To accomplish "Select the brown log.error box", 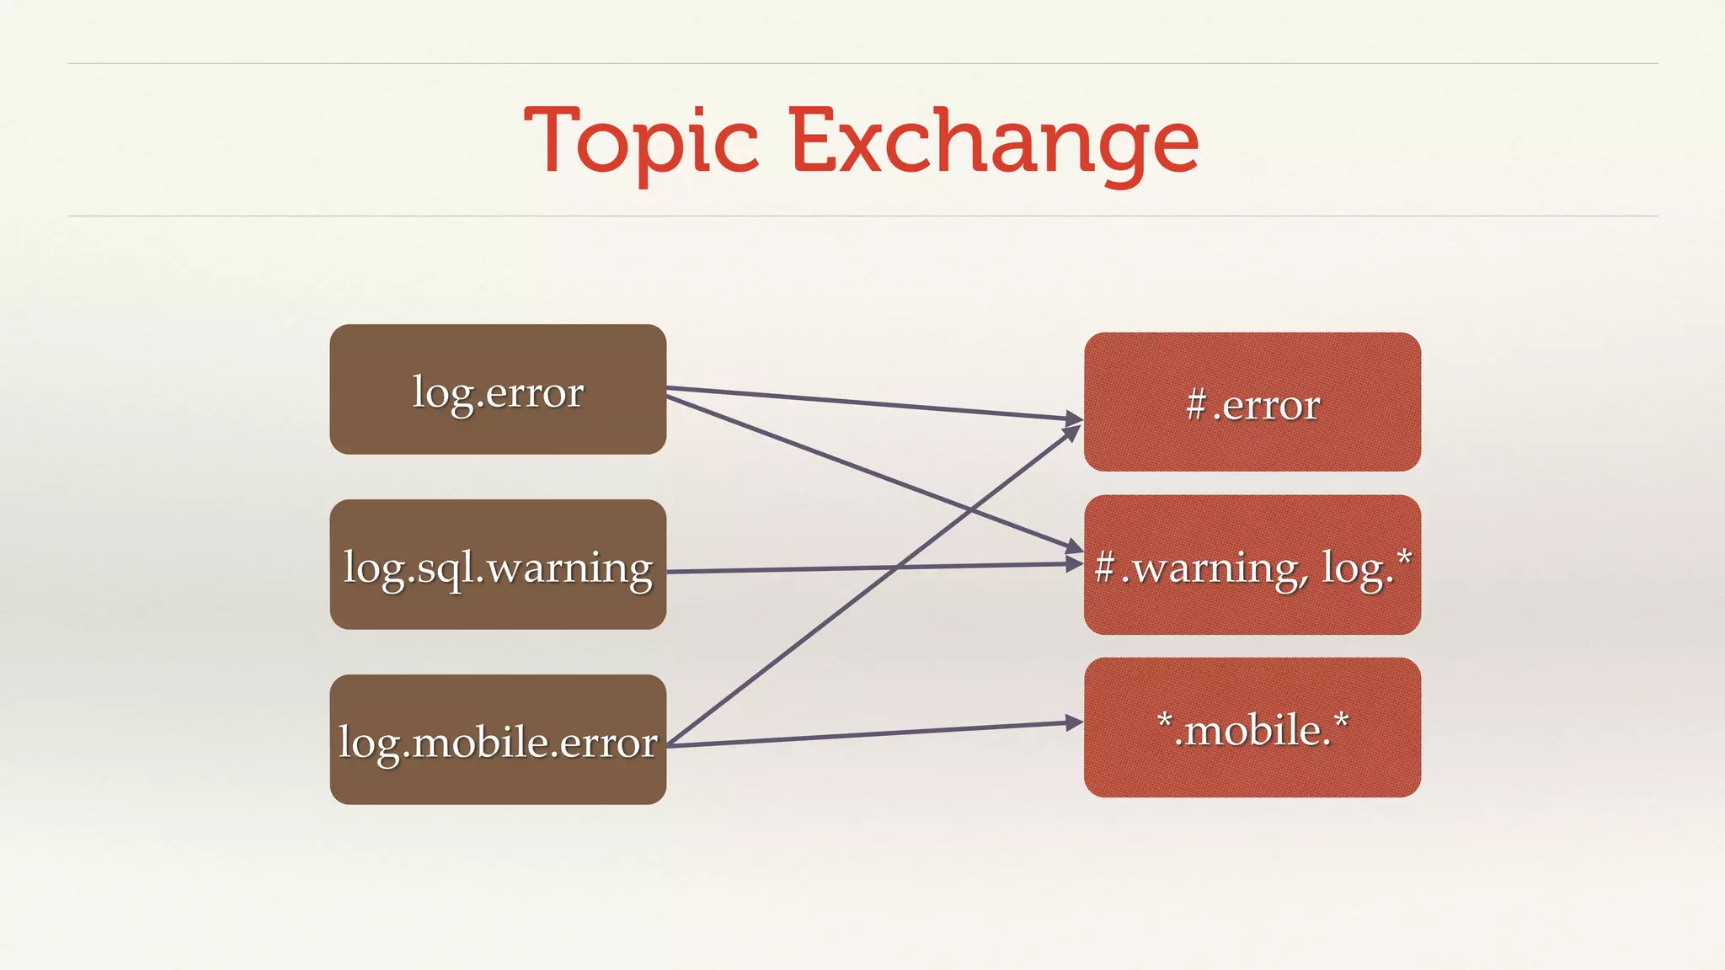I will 498,390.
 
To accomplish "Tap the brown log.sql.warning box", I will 498,565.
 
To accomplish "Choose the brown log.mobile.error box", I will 498,740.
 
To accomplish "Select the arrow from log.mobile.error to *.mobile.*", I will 876,734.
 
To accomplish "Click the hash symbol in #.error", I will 1196,406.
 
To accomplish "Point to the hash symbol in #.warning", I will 1105,568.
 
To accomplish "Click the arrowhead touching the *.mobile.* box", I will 1073,722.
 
